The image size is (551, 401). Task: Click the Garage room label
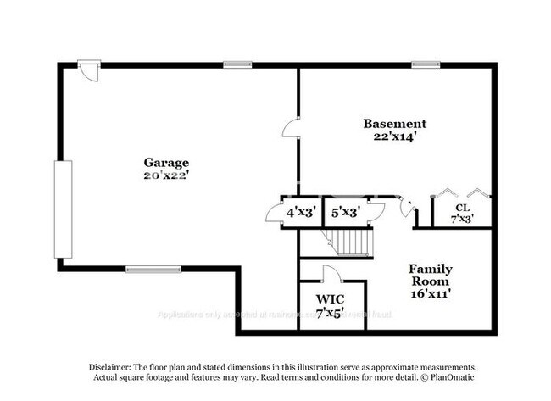point(166,163)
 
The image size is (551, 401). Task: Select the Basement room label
point(394,123)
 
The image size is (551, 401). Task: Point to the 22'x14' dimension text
point(394,136)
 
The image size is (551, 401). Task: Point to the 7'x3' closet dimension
point(462,218)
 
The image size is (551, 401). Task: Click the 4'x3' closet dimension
point(301,212)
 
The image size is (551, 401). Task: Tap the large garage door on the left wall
point(59,209)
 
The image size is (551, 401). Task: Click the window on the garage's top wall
point(237,64)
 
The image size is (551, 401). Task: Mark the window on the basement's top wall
point(424,64)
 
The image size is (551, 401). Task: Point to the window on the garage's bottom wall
point(142,270)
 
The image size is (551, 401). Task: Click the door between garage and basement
point(291,128)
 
